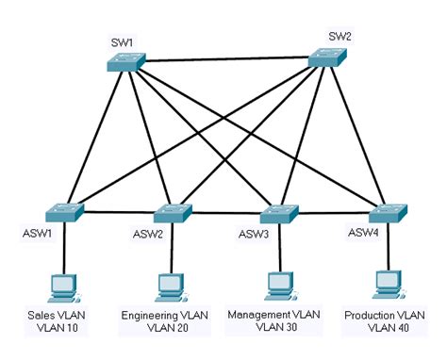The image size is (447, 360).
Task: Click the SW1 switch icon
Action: (x=124, y=62)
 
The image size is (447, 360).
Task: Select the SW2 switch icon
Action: (x=328, y=59)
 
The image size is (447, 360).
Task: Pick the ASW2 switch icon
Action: (x=172, y=212)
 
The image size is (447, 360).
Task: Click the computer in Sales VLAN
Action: (x=63, y=286)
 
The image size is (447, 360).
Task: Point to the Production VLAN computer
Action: (x=385, y=284)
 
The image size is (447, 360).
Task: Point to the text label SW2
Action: (x=339, y=37)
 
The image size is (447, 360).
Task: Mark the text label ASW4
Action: (x=364, y=233)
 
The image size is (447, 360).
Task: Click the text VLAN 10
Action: (x=59, y=328)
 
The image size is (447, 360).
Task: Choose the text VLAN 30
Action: (x=274, y=326)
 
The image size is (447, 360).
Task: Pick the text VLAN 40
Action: (x=383, y=328)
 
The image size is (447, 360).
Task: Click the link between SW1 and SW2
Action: (x=226, y=61)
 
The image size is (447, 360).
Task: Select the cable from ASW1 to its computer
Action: (x=63, y=247)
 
